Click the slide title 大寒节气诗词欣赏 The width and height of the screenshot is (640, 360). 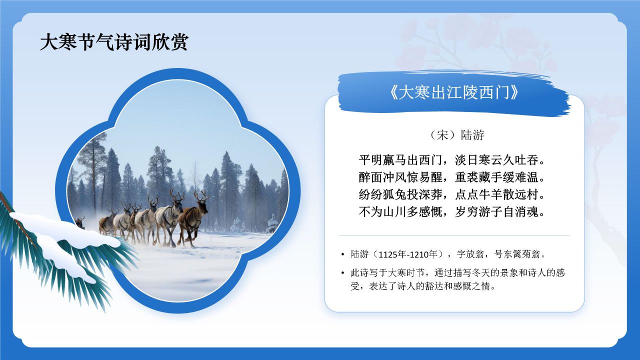[114, 42]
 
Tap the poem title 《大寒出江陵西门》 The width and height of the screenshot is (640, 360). [454, 93]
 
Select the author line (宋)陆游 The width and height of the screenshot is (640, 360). [454, 135]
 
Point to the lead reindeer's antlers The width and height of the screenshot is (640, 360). [201, 195]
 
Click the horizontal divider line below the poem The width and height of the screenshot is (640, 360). [454, 235]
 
